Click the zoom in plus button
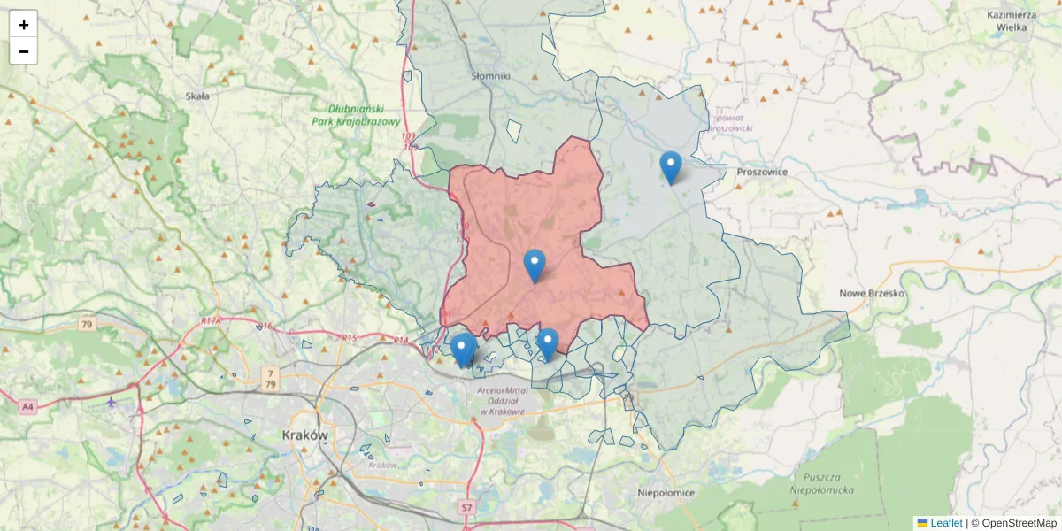(23, 24)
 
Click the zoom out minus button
(23, 51)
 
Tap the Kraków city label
(304, 435)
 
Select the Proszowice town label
(762, 172)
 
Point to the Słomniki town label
(491, 76)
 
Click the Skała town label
(197, 96)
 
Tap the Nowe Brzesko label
(872, 293)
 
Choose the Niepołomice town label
(666, 493)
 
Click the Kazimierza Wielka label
(1011, 20)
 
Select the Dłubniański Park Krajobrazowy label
(357, 115)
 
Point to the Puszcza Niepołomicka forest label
(823, 483)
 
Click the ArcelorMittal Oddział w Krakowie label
(502, 401)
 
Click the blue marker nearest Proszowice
(671, 166)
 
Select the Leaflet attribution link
(945, 523)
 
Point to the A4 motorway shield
(27, 407)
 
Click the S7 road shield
(466, 508)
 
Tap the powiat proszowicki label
(730, 122)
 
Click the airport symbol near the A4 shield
(111, 402)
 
